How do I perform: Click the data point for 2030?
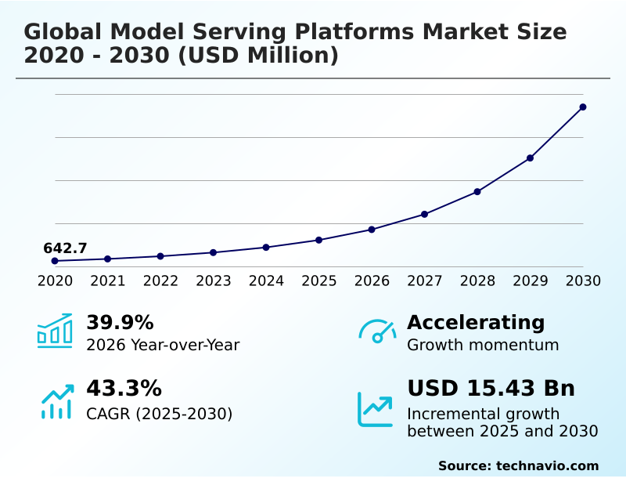[x=583, y=107]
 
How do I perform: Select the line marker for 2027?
[x=424, y=214]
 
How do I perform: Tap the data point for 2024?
[x=266, y=247]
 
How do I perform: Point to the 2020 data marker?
[x=55, y=261]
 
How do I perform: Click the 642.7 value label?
[x=65, y=248]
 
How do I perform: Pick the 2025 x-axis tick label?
[x=318, y=281]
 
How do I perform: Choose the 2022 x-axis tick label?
[x=160, y=281]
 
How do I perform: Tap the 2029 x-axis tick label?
[x=530, y=281]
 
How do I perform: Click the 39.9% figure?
[x=120, y=323]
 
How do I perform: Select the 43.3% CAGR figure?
[x=124, y=389]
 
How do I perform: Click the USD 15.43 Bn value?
[x=491, y=389]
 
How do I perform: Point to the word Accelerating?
[x=476, y=323]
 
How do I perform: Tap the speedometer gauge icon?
[x=377, y=331]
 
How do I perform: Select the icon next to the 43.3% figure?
[x=56, y=400]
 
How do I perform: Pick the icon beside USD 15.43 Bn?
[x=376, y=408]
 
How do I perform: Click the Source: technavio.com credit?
[x=518, y=465]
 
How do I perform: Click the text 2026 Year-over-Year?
[x=163, y=345]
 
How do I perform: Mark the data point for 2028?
[x=477, y=191]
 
